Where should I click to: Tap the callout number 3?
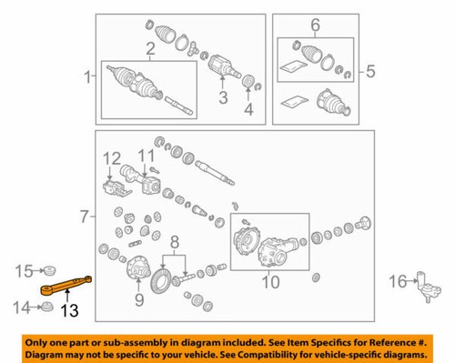[221, 97]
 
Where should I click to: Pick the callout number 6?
[316, 25]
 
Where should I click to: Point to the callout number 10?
[268, 283]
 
